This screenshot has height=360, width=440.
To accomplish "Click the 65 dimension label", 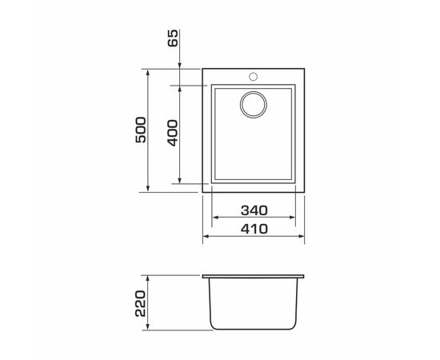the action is click(x=173, y=38).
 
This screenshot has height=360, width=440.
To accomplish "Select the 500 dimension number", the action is click(x=141, y=130).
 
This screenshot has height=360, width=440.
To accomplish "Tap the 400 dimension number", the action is click(x=173, y=133).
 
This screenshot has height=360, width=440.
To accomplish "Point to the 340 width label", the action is click(x=254, y=210).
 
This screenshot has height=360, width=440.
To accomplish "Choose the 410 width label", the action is click(x=254, y=229).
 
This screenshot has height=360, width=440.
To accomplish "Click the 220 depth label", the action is click(x=141, y=304).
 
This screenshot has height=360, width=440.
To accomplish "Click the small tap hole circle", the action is click(x=253, y=76).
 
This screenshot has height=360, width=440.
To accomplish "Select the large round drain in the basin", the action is click(x=254, y=105).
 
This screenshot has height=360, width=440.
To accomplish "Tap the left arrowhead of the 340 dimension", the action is click(x=215, y=217).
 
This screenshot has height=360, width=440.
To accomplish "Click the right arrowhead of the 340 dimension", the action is click(x=292, y=217).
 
